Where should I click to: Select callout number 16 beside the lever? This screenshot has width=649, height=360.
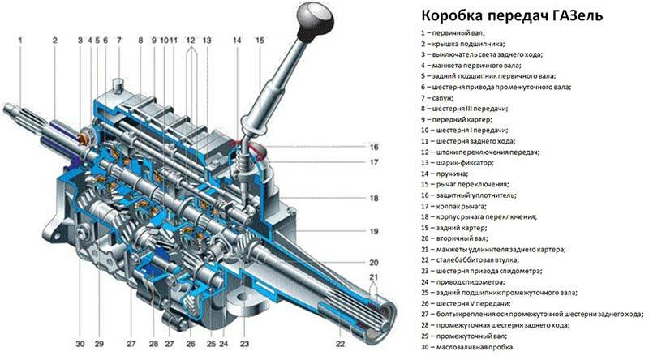[x=375, y=147]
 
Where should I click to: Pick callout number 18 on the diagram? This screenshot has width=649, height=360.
[x=375, y=198]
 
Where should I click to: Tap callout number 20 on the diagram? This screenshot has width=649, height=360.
[x=375, y=263]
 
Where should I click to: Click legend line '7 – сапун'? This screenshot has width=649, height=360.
[x=442, y=97]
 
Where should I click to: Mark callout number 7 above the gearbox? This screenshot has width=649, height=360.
[x=118, y=40]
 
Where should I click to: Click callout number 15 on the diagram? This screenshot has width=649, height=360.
[x=259, y=40]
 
